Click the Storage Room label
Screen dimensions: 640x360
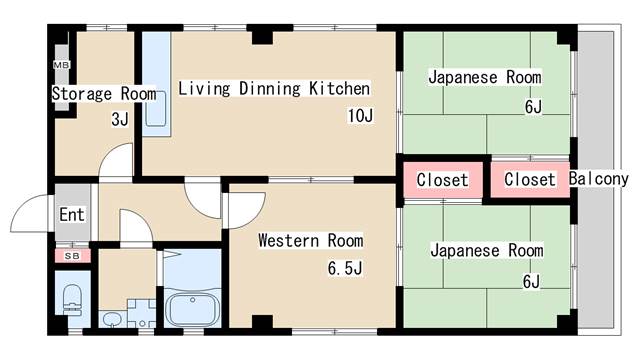coord(104,93)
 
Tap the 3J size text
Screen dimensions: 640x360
coord(120,119)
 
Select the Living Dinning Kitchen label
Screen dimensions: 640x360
coord(274,89)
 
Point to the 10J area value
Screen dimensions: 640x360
coord(360,116)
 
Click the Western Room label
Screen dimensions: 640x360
coord(311,240)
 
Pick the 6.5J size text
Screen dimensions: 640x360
coord(345,268)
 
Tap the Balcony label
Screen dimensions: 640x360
coord(598,179)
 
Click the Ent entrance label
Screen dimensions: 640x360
coord(72,214)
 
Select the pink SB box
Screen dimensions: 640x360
coord(73,256)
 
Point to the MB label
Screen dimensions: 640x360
coord(62,64)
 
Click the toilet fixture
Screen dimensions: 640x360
coord(73,300)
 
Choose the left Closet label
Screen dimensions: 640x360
coord(442,180)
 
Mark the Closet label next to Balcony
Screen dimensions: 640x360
coord(530,179)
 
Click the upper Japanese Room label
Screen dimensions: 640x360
coord(485,77)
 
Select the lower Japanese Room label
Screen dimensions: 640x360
coord(487,250)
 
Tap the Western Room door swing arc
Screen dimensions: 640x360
coord(256,216)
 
